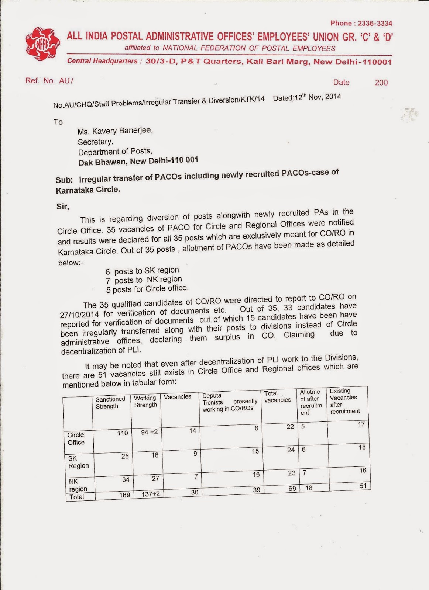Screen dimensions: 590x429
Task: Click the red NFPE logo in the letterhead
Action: [x=43, y=44]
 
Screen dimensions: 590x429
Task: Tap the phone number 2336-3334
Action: [x=375, y=24]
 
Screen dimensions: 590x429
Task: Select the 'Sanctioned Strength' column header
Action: [x=110, y=403]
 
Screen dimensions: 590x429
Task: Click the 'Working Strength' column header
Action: [x=145, y=402]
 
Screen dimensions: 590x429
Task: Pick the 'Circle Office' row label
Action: [x=76, y=438]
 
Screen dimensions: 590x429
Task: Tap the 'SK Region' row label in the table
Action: [x=78, y=462]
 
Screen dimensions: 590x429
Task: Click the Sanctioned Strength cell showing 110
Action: [x=123, y=433]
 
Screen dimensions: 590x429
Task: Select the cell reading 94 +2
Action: [x=149, y=432]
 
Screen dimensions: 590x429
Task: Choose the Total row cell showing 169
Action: [x=124, y=495]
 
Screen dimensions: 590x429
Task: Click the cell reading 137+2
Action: [x=151, y=494]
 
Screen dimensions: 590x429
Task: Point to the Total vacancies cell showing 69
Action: [x=292, y=489]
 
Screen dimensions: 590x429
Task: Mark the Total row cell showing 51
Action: [x=363, y=486]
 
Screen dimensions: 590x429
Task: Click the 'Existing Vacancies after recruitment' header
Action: [x=344, y=401]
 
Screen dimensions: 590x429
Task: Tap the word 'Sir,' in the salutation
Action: [x=63, y=206]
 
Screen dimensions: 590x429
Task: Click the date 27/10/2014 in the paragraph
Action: [x=80, y=315]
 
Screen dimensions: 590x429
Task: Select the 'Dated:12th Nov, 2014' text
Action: [x=307, y=98]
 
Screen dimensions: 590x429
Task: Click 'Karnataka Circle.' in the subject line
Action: [x=88, y=190]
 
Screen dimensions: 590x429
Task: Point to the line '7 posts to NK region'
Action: [x=144, y=280]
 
